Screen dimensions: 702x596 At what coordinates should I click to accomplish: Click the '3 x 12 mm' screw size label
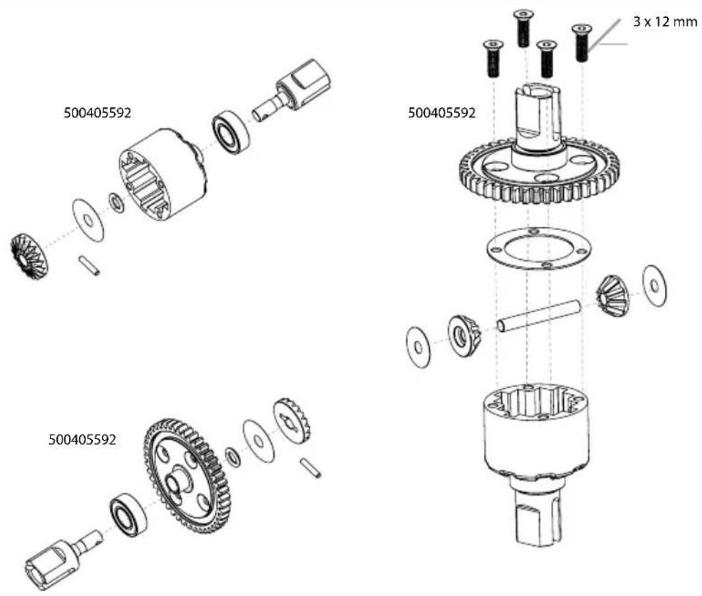665,21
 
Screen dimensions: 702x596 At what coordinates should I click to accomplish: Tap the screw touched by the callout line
582,42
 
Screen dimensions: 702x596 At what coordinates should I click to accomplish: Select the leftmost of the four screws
493,58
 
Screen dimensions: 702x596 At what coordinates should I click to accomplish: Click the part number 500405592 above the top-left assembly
98,113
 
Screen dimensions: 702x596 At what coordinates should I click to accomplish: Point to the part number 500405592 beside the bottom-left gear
82,440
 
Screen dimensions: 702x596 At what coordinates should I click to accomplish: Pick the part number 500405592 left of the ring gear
441,113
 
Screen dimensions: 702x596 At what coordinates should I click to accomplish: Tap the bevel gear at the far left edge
29,257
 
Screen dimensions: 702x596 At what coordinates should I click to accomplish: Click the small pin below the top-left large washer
89,265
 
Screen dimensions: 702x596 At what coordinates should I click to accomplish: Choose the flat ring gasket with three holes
538,248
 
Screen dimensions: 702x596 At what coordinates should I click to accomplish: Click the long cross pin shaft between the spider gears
538,317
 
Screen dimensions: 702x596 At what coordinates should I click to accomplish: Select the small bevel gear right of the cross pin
612,296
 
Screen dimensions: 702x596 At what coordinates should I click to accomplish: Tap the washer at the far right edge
654,286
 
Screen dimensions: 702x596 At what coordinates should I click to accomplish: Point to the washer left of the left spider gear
418,348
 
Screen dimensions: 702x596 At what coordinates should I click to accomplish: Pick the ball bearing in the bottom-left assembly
128,514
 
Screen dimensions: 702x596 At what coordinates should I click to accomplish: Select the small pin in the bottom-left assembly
310,468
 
